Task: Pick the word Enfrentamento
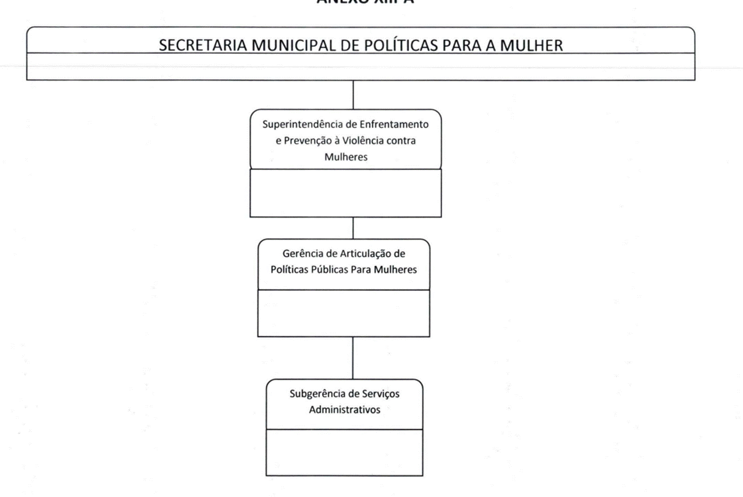click(394, 124)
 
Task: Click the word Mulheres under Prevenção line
click(346, 157)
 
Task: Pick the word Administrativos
click(345, 410)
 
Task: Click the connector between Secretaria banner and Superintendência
click(353, 95)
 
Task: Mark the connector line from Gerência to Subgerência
click(353, 357)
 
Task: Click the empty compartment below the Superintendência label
click(345, 193)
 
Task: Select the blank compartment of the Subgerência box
click(345, 452)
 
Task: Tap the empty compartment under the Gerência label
click(344, 313)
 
